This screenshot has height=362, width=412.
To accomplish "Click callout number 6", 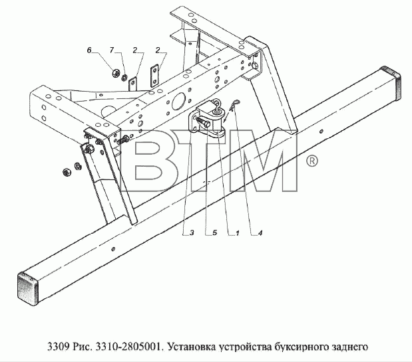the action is click(89, 50).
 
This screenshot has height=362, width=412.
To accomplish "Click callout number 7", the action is click(112, 50).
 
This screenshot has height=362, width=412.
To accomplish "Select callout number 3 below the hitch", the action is click(192, 232).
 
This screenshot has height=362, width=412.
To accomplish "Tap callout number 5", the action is click(215, 232).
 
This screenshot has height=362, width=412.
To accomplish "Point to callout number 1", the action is click(237, 232).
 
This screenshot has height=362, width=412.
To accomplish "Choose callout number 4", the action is click(260, 232).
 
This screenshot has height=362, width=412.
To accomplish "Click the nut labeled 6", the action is click(115, 73).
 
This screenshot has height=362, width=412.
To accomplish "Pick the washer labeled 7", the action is click(124, 77).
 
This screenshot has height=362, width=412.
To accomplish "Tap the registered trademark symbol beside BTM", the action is click(312, 161).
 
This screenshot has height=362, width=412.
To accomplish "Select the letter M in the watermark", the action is click(264, 162).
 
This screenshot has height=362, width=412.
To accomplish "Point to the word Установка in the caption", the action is click(191, 347).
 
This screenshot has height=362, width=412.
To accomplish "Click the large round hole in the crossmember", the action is click(178, 101).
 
